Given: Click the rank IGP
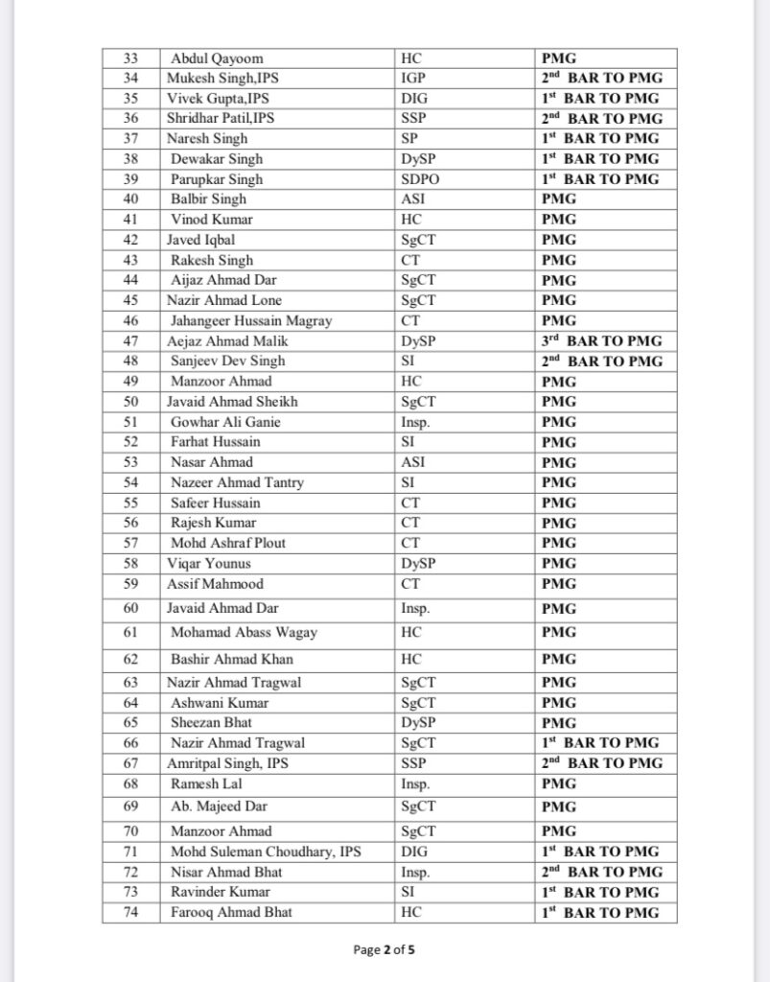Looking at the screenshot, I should pyautogui.click(x=410, y=79).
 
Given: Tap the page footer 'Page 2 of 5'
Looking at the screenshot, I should pyautogui.click(x=385, y=950).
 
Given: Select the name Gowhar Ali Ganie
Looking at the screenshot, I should pyautogui.click(x=225, y=422).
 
